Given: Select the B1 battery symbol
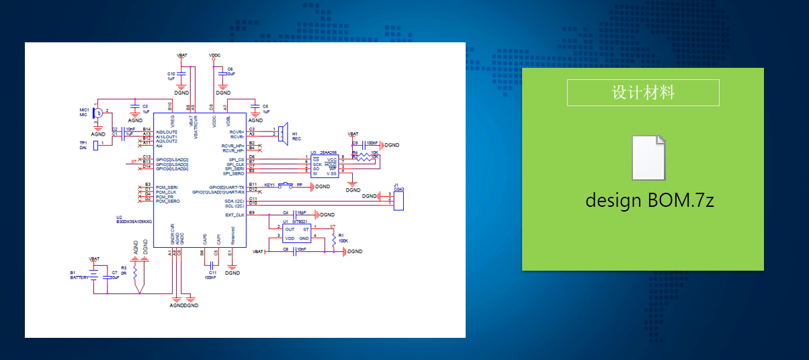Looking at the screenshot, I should pyautogui.click(x=95, y=275).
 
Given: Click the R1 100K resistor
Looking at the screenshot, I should pyautogui.click(x=333, y=238).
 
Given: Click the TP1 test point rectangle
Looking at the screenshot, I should pyautogui.click(x=95, y=145).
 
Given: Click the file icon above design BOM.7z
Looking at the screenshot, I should pyautogui.click(x=649, y=158).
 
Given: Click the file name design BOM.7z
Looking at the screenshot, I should pyautogui.click(x=649, y=199).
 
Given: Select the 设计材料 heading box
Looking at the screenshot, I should pyautogui.click(x=643, y=93).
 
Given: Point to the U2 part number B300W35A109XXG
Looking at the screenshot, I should pyautogui.click(x=134, y=221).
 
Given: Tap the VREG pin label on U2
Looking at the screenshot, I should pyautogui.click(x=173, y=122).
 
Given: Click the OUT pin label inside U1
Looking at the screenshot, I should pyautogui.click(x=289, y=230).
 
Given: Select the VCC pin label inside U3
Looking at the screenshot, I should pyautogui.click(x=332, y=159).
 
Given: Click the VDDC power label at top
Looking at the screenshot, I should pyautogui.click(x=214, y=54).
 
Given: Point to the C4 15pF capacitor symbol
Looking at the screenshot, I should pyautogui.click(x=294, y=214).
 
